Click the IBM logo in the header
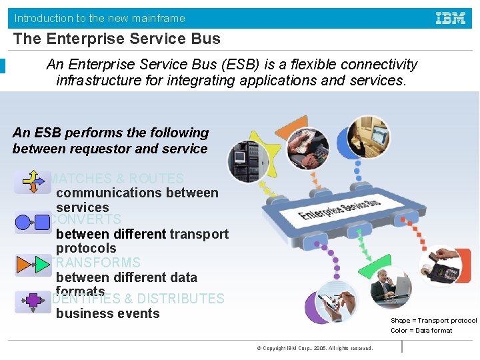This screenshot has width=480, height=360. [451, 18]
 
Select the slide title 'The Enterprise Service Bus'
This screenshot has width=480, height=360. [117, 39]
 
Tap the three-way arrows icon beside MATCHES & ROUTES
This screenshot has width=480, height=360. [32, 181]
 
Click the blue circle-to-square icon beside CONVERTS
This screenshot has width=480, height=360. [32, 222]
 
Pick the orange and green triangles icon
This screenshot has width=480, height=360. [32, 265]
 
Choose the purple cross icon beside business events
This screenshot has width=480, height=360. [32, 302]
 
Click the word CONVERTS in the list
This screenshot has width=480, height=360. [87, 219]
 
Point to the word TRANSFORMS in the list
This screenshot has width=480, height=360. [97, 263]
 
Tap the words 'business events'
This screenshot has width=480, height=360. [107, 313]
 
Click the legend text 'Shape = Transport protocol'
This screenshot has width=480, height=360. [433, 321]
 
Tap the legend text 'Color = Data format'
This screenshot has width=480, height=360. [421, 331]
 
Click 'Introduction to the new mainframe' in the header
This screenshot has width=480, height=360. [100, 18]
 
